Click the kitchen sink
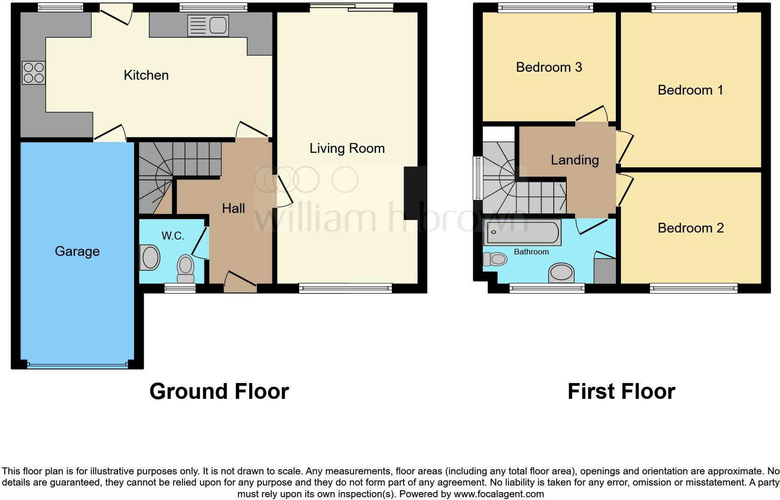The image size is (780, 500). click(209, 25)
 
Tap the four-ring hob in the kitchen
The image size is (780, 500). click(34, 73)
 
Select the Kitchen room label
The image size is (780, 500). click(146, 75)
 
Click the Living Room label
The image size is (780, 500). click(347, 148)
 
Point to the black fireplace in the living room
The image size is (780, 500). click(414, 193)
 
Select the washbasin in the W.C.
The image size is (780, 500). click(150, 258)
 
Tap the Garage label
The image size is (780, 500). click(77, 251)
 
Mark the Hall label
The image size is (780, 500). click(233, 208)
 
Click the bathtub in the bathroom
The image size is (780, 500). click(522, 233)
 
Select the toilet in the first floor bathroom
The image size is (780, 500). click(495, 259)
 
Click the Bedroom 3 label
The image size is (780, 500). click(549, 67)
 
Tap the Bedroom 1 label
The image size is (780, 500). click(690, 90)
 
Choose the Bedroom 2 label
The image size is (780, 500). click(690, 228)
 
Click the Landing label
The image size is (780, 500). click(575, 160)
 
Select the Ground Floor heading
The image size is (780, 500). click(219, 391)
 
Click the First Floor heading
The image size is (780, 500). click(621, 391)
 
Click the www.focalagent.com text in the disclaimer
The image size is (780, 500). click(498, 494)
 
